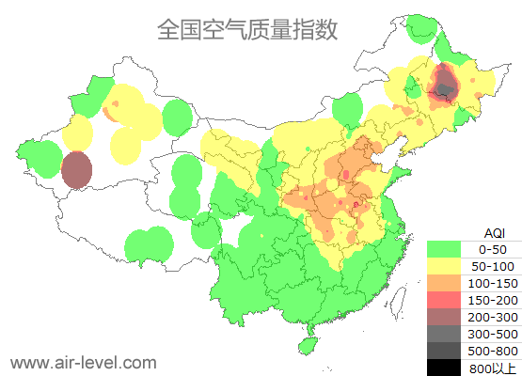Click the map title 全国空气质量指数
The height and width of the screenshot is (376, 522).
point(247,29)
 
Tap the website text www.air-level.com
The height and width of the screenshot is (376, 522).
point(83,361)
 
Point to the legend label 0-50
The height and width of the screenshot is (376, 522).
point(493,249)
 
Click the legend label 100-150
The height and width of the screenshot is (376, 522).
point(493,283)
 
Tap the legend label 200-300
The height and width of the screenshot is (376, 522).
point(493,317)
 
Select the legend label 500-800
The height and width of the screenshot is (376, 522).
point(493,351)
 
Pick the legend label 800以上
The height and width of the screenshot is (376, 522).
point(493,368)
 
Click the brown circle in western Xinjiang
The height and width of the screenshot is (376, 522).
point(76,171)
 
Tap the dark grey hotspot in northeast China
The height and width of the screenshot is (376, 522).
point(443,87)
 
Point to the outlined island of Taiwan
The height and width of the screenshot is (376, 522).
point(399,301)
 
